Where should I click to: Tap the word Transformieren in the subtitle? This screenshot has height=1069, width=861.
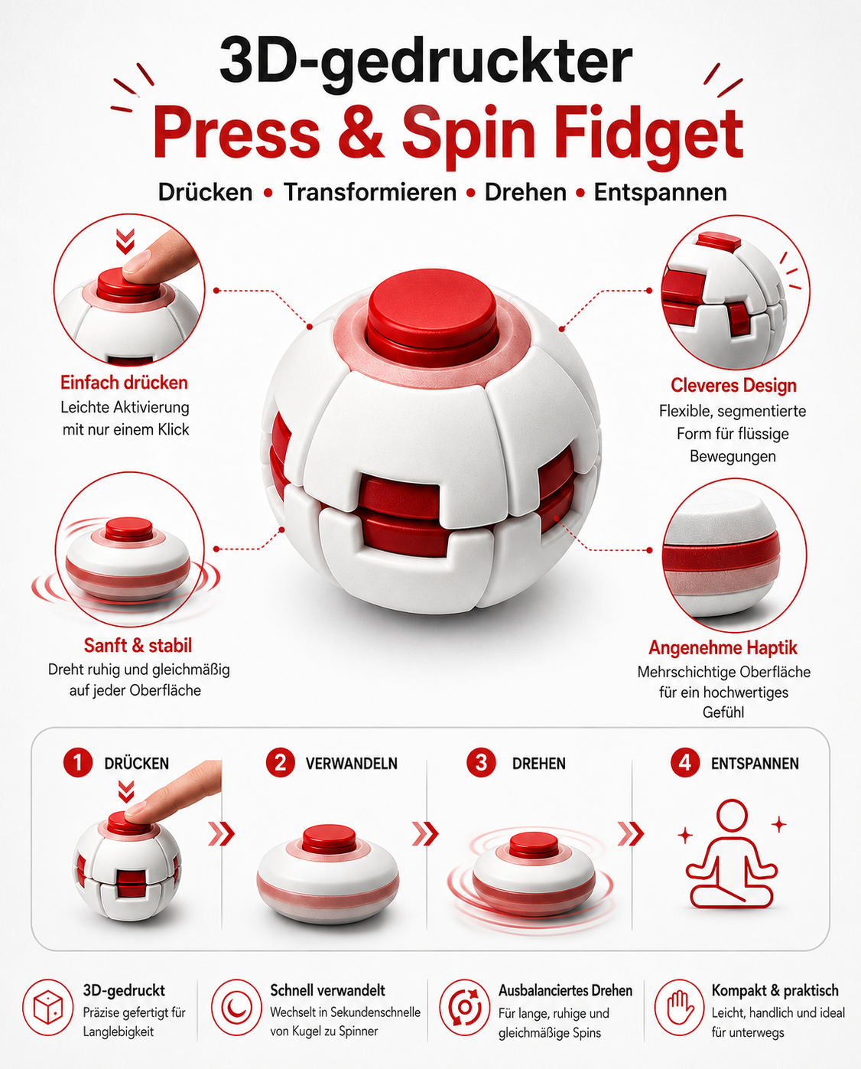click(370, 192)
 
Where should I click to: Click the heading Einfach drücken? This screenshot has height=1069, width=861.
click(124, 383)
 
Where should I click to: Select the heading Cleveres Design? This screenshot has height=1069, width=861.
click(733, 385)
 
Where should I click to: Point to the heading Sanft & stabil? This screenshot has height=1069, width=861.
click(138, 645)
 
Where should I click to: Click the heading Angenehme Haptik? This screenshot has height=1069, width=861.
click(723, 648)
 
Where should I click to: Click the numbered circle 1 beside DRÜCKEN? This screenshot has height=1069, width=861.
click(78, 762)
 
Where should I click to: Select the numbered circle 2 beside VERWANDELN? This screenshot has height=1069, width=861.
click(281, 762)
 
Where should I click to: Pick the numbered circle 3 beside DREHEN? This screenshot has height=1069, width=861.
click(481, 762)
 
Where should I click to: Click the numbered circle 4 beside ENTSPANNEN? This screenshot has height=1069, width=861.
click(685, 762)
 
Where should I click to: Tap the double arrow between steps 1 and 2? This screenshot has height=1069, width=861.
click(221, 833)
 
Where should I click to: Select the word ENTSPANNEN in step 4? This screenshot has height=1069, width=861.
click(755, 764)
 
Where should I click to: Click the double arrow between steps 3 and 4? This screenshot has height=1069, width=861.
click(631, 833)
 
